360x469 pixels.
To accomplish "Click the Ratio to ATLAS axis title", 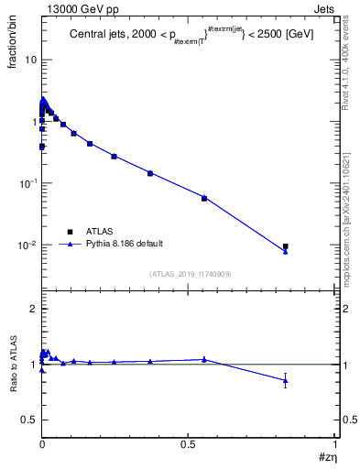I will coord(16,365).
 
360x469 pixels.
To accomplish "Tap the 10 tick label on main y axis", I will coord(31,60).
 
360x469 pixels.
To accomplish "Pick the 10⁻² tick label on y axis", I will coord(29,245).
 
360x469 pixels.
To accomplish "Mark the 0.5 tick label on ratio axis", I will coord(31,420).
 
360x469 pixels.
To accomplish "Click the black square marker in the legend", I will coord(70,232).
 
